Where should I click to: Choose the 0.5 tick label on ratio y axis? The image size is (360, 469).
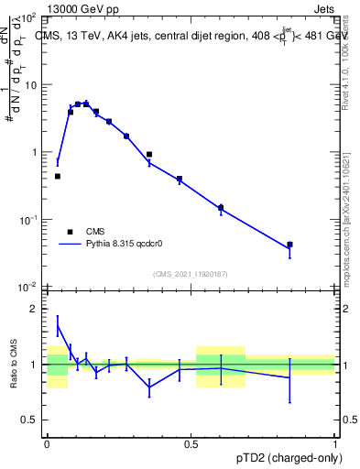pos(29,420)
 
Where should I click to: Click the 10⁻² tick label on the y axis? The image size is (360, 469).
pos(27,287)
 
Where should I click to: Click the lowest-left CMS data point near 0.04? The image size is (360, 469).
pos(58,176)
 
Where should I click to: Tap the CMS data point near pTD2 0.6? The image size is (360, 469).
pos(221,208)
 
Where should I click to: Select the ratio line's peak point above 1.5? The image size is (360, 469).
pos(58,325)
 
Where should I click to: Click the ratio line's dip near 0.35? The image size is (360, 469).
pos(149,387)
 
